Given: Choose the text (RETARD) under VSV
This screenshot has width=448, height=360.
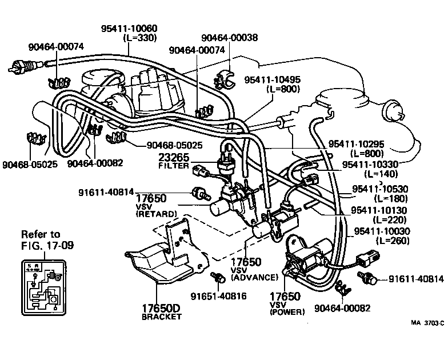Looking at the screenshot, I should (x=156, y=213).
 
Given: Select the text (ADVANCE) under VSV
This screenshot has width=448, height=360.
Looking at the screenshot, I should (x=254, y=277).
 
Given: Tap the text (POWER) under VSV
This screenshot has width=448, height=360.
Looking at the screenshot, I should (x=287, y=312).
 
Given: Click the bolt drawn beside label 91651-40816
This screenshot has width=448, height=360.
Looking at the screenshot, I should (x=217, y=278).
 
